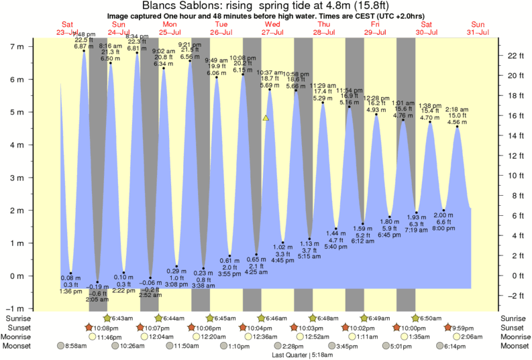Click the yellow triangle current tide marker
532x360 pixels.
[x=266, y=118]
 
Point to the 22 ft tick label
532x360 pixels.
[x=515, y=56]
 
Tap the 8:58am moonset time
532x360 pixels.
[x=76, y=347]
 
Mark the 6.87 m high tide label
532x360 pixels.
[x=83, y=47]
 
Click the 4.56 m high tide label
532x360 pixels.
[x=458, y=122]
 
